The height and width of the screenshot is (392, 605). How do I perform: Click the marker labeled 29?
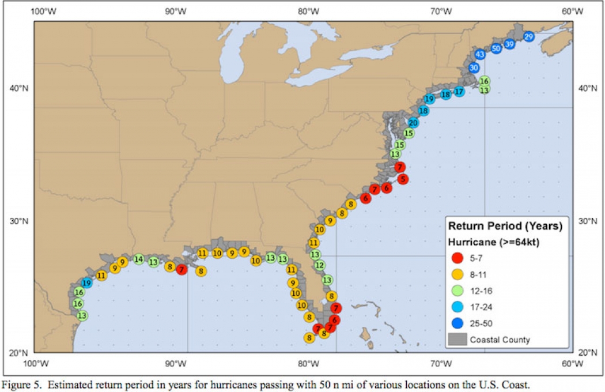tap(528, 36)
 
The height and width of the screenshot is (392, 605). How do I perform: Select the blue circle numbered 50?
tap(496, 48)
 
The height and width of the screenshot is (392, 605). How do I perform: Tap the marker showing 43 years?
tap(479, 54)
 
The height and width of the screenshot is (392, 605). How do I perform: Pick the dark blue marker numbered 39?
tap(509, 44)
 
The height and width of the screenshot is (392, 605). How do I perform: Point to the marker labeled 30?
tap(474, 67)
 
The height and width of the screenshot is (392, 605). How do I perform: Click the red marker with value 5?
tap(403, 179)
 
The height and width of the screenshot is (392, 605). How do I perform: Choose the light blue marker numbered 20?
tap(413, 122)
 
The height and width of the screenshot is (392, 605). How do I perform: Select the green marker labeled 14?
tap(138, 259)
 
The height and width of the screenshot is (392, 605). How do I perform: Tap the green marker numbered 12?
tap(320, 265)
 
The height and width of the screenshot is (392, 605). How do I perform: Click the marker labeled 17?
tap(459, 91)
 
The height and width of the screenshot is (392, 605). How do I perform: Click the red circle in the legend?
tap(457, 258)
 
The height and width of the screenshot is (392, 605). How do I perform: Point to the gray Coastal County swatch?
tap(457, 340)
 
